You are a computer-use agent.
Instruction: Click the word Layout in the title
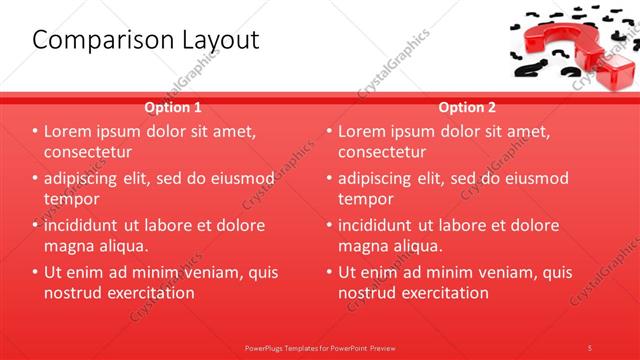tap(212, 41)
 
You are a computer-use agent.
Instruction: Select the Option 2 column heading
tap(466, 107)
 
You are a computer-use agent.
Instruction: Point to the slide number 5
tap(590, 347)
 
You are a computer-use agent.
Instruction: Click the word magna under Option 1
tap(68, 245)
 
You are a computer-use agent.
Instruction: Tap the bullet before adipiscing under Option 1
tap(35, 179)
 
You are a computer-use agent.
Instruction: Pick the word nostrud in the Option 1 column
tap(73, 293)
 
